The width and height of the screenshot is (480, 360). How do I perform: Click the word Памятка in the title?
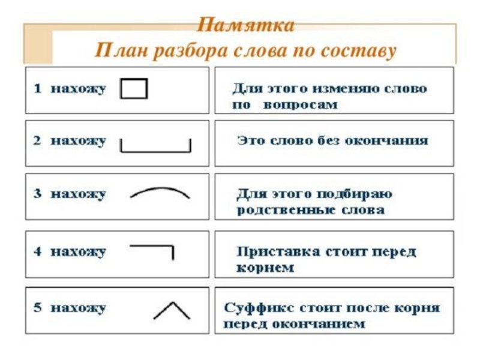pyautogui.click(x=246, y=26)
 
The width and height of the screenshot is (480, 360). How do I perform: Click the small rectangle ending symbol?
pyautogui.click(x=134, y=89)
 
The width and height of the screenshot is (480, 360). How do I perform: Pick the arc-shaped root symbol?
pyautogui.click(x=160, y=193)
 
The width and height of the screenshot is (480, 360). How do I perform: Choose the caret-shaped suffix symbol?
pyautogui.click(x=172, y=310)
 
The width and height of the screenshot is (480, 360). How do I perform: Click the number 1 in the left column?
pyautogui.click(x=37, y=89)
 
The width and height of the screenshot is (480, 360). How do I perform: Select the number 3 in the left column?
pyautogui.click(x=37, y=194)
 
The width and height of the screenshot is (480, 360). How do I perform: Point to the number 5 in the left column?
pyautogui.click(x=37, y=308)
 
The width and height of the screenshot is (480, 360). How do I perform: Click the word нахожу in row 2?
pyautogui.click(x=78, y=141)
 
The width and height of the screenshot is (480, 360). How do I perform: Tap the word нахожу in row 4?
pyautogui.click(x=78, y=251)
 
